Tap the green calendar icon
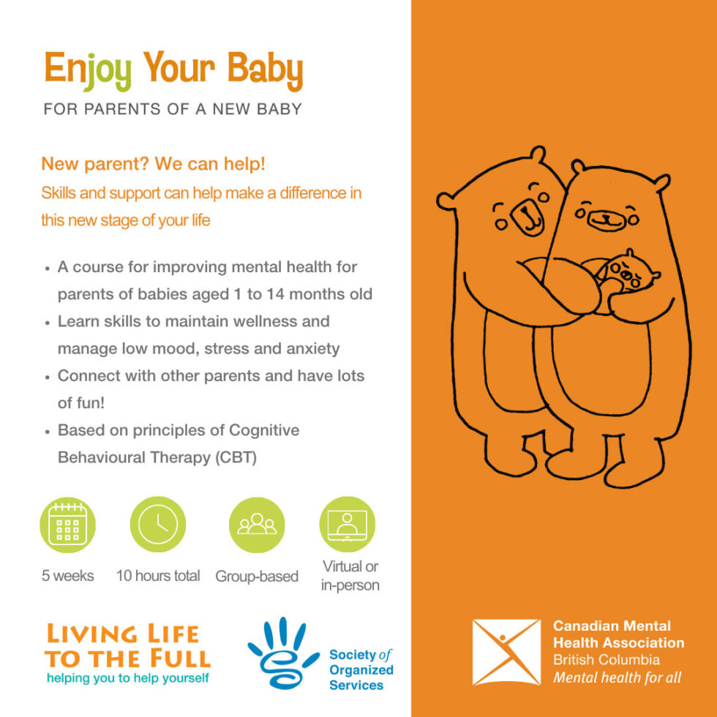[x=67, y=525]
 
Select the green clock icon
[x=158, y=525]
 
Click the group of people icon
[x=257, y=525]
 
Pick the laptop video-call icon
[x=347, y=525]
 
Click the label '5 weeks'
[x=67, y=576]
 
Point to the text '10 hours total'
[x=158, y=576]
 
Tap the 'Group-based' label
[x=257, y=577]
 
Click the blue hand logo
[x=282, y=653]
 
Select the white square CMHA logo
[x=506, y=652]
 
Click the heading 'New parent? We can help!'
[x=154, y=165]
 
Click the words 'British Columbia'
[x=607, y=660]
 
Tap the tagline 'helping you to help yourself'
[x=128, y=678]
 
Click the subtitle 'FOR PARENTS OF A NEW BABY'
[x=173, y=110]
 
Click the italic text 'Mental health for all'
[x=617, y=677]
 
